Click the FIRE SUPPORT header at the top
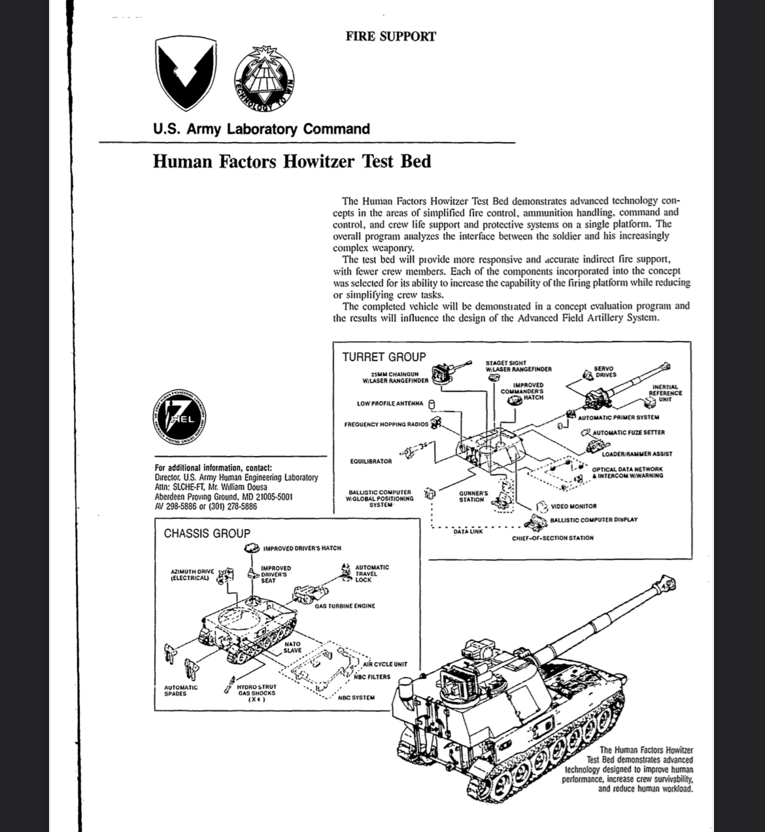pyautogui.click(x=390, y=37)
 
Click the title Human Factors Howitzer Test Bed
pyautogui.click(x=292, y=161)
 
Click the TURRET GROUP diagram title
pyautogui.click(x=384, y=357)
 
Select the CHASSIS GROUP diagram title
pyautogui.click(x=207, y=534)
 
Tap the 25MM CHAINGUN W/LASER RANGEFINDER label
pyautogui.click(x=396, y=377)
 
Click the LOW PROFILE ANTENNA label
pyautogui.click(x=390, y=404)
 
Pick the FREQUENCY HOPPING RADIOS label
pyautogui.click(x=386, y=425)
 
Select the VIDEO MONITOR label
pyautogui.click(x=573, y=506)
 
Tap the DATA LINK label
pyautogui.click(x=468, y=532)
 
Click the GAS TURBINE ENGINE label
pyautogui.click(x=345, y=606)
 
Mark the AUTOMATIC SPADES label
pyautogui.click(x=180, y=691)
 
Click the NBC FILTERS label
pyautogui.click(x=372, y=677)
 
